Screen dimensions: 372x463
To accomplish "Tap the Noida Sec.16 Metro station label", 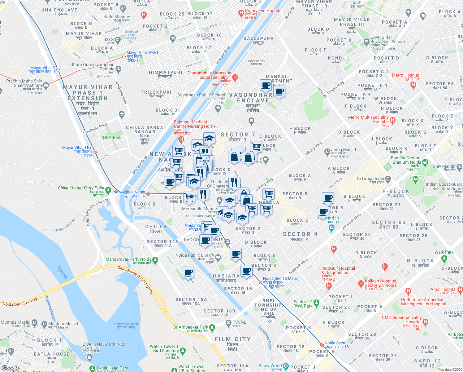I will tap(281, 278).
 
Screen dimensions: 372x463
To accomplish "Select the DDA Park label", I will tap(112, 137).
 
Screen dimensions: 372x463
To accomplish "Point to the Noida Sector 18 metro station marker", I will tap(322, 345).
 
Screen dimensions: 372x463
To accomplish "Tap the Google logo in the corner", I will tap(10, 368).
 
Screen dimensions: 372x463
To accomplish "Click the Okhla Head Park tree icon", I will tap(92, 368).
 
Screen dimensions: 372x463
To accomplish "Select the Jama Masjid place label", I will tap(343, 150).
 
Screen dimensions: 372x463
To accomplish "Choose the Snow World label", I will tap(270, 366).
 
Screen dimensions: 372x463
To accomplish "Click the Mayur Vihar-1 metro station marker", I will tap(58, 70).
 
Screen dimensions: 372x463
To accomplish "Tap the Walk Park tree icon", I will tap(444, 258).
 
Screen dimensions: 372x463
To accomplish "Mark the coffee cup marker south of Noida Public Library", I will tap(188, 273).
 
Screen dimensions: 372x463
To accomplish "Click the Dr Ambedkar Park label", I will tap(191, 327).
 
